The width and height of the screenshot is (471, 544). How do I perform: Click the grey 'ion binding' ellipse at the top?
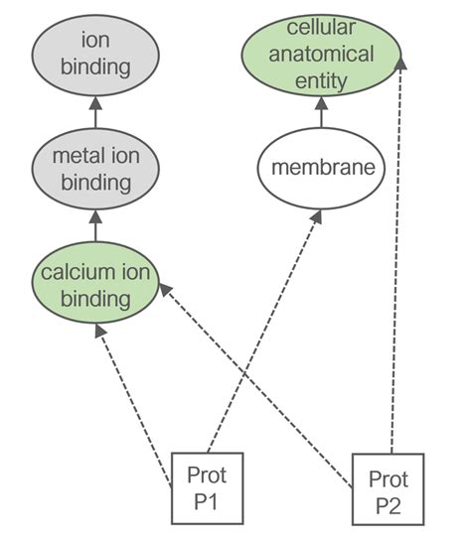point(94,55)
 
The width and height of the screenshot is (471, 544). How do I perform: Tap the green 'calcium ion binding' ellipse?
point(94,284)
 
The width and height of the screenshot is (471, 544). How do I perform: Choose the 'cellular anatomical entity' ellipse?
point(320,54)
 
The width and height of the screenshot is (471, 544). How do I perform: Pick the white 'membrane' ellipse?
point(320,168)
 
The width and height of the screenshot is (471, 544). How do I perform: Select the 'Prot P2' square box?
point(388,488)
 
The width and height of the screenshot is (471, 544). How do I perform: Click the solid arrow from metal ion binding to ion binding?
point(94,111)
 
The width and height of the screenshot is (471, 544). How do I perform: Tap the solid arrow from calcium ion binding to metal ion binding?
point(94,225)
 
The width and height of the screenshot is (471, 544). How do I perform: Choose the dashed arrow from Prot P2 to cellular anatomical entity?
point(395,248)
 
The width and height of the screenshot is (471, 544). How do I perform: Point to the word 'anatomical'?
point(320,54)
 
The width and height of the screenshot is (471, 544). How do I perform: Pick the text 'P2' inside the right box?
point(388,502)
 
